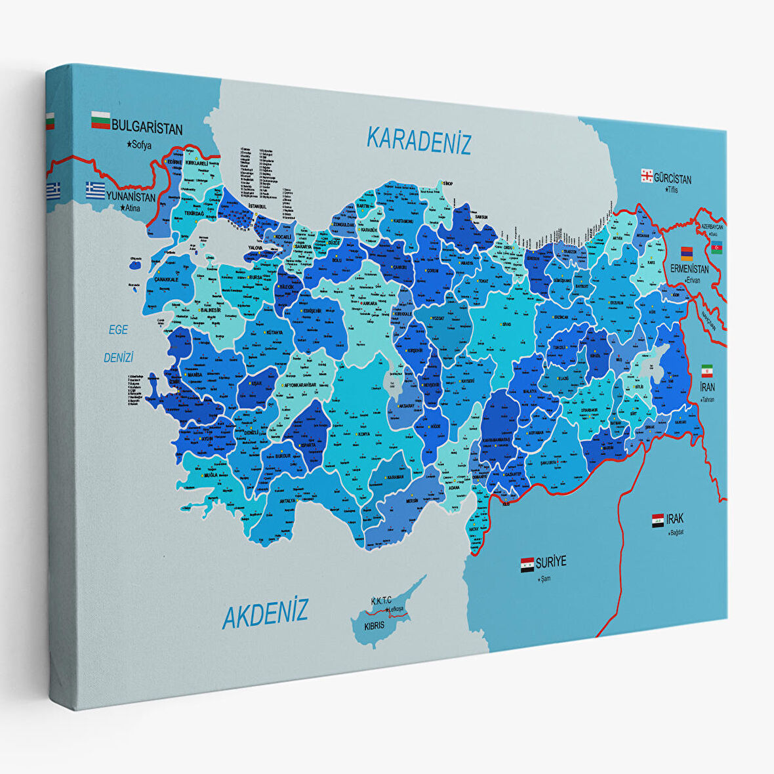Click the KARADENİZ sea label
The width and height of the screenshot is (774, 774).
(x=418, y=140)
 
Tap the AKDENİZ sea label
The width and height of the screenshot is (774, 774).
(x=265, y=615)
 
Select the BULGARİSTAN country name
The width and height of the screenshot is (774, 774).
(x=147, y=127)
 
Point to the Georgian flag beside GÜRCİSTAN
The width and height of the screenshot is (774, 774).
(x=646, y=175)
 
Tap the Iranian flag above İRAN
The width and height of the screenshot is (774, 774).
(x=706, y=370)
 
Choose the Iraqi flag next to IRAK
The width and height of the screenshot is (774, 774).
(x=657, y=521)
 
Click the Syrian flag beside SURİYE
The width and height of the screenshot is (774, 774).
(x=527, y=564)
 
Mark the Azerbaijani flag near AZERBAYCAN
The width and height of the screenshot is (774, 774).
(x=716, y=247)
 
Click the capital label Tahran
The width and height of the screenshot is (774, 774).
(x=707, y=399)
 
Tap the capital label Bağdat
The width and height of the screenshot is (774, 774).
(x=676, y=533)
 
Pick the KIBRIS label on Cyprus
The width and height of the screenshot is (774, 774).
(x=375, y=626)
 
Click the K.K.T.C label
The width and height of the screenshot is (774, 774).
(x=381, y=600)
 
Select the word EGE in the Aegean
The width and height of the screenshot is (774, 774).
(x=119, y=330)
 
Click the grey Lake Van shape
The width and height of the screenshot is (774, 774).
(x=656, y=360)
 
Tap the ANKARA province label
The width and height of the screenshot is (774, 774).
(x=369, y=304)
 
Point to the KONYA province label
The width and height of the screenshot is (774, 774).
(x=363, y=434)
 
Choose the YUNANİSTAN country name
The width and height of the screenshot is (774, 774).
(x=131, y=196)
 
